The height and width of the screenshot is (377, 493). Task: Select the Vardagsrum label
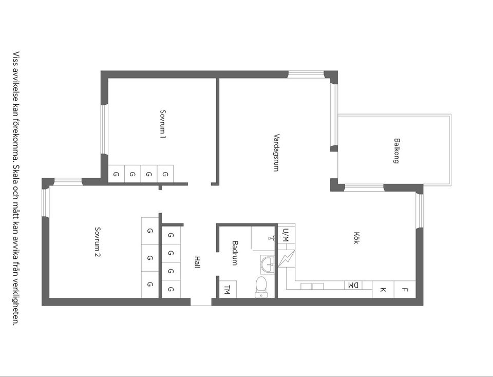pyautogui.click(x=276, y=152)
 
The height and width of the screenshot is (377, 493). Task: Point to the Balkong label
pyautogui.click(x=396, y=150)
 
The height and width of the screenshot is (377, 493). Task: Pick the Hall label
pyautogui.click(x=197, y=262)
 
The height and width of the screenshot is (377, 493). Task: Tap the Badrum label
pyautogui.click(x=235, y=253)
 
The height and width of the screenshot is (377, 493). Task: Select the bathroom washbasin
pyautogui.click(x=267, y=265)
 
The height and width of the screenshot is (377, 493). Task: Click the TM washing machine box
pyautogui.click(x=227, y=289)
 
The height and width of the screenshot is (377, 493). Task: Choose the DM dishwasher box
pyautogui.click(x=353, y=285)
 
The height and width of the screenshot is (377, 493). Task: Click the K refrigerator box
pyautogui.click(x=383, y=290)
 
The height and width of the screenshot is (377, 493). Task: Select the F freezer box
pyautogui.click(x=405, y=290)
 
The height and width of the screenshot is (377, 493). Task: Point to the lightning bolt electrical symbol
pyautogui.click(x=287, y=258)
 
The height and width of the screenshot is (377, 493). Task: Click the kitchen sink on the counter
pyautogui.click(x=312, y=286)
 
